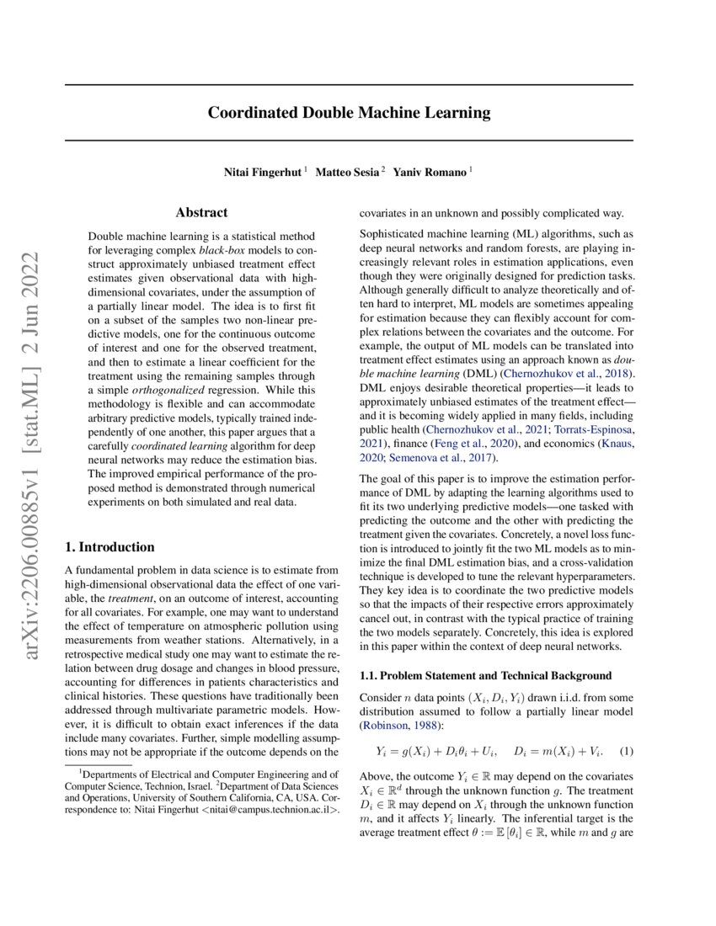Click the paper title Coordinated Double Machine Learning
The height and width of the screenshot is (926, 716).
tap(349, 113)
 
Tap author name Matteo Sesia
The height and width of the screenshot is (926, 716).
tap(348, 173)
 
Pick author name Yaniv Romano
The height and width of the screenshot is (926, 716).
tap(430, 173)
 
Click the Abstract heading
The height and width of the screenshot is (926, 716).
tap(201, 213)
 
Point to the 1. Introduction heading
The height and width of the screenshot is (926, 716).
tap(110, 546)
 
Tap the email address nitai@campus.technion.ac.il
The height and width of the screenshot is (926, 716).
tap(270, 810)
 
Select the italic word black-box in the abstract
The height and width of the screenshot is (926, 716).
tap(222, 252)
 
